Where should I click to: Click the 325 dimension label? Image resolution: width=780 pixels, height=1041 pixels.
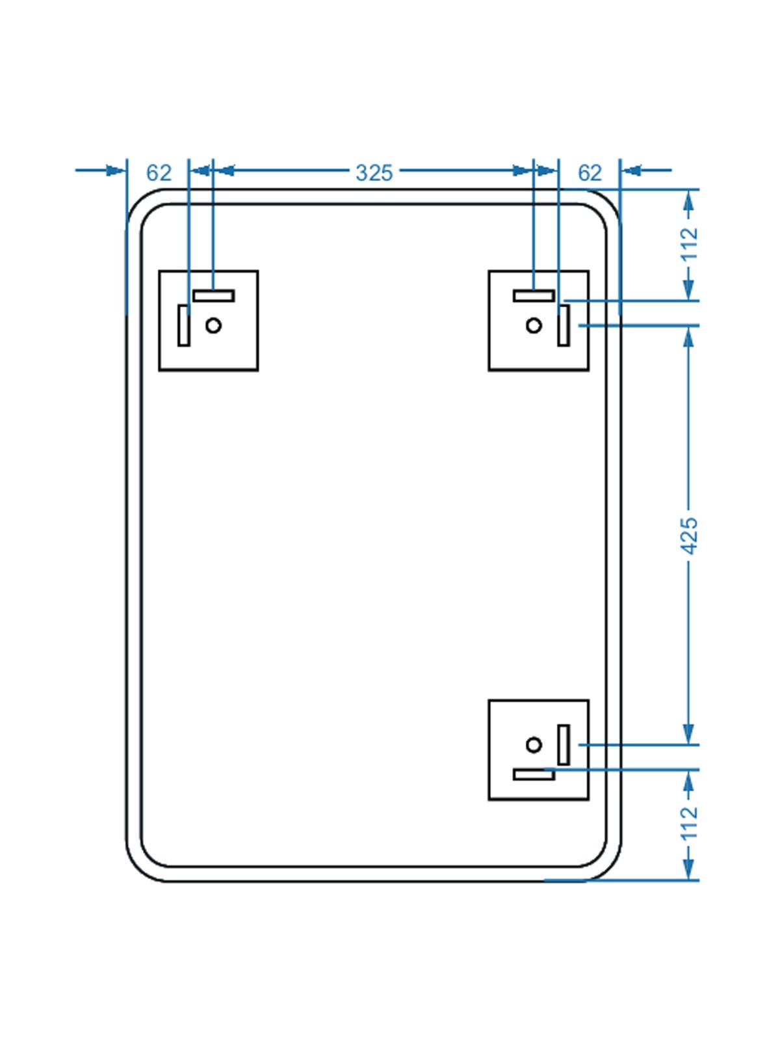click(374, 173)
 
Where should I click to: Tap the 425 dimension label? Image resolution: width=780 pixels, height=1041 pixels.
click(690, 536)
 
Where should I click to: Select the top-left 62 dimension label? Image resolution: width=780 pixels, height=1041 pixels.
click(159, 173)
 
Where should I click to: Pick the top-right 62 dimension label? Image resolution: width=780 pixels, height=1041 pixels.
click(590, 173)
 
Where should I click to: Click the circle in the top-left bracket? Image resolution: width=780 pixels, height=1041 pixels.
click(213, 326)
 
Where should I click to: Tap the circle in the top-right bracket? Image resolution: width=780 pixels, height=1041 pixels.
click(534, 326)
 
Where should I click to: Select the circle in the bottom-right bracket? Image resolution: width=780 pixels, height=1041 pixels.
click(534, 744)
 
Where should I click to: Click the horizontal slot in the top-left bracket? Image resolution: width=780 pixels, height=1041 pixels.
click(214, 296)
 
